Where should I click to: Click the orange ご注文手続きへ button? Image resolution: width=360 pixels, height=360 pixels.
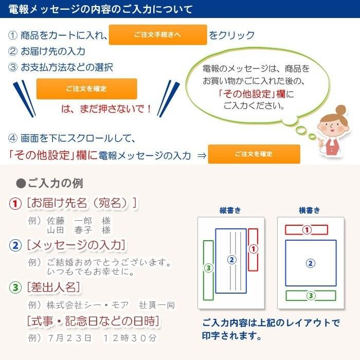[158, 35]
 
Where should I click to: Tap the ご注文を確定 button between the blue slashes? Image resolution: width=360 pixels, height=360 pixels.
[86, 88]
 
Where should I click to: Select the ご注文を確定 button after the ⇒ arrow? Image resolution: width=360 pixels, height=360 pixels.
[254, 154]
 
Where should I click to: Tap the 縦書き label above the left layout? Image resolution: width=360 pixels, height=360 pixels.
[230, 210]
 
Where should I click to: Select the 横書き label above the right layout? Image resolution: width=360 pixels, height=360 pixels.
[310, 210]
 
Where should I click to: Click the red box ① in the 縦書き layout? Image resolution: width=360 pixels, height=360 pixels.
[253, 249]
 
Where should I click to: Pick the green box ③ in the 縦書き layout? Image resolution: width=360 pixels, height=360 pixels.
[208, 269]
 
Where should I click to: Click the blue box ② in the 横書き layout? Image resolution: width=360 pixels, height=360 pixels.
[311, 263]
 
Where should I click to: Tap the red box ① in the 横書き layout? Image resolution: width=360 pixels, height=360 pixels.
[307, 229]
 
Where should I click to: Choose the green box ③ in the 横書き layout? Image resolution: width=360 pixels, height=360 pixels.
[311, 295]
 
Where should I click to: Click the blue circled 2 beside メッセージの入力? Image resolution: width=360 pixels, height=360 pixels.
[15, 245]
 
